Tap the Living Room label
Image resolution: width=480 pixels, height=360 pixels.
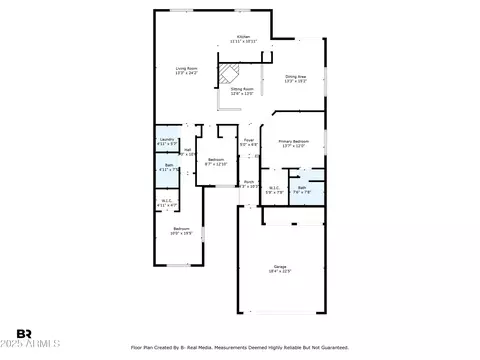pyautogui.click(x=186, y=70)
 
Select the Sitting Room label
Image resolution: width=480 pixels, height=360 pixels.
pyautogui.click(x=243, y=91)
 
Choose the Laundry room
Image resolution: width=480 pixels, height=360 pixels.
pyautogui.click(x=167, y=141)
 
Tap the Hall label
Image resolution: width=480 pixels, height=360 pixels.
pyautogui.click(x=187, y=152)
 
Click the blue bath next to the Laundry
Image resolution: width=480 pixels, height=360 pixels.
pyautogui.click(x=167, y=168)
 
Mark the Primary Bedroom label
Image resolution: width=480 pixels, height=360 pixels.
pyautogui.click(x=293, y=143)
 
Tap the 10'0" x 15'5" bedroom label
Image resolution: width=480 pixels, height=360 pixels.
pyautogui.click(x=181, y=231)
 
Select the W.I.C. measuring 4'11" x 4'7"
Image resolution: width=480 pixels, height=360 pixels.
pyautogui.click(x=167, y=203)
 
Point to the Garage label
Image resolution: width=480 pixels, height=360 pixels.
pyautogui.click(x=281, y=268)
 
